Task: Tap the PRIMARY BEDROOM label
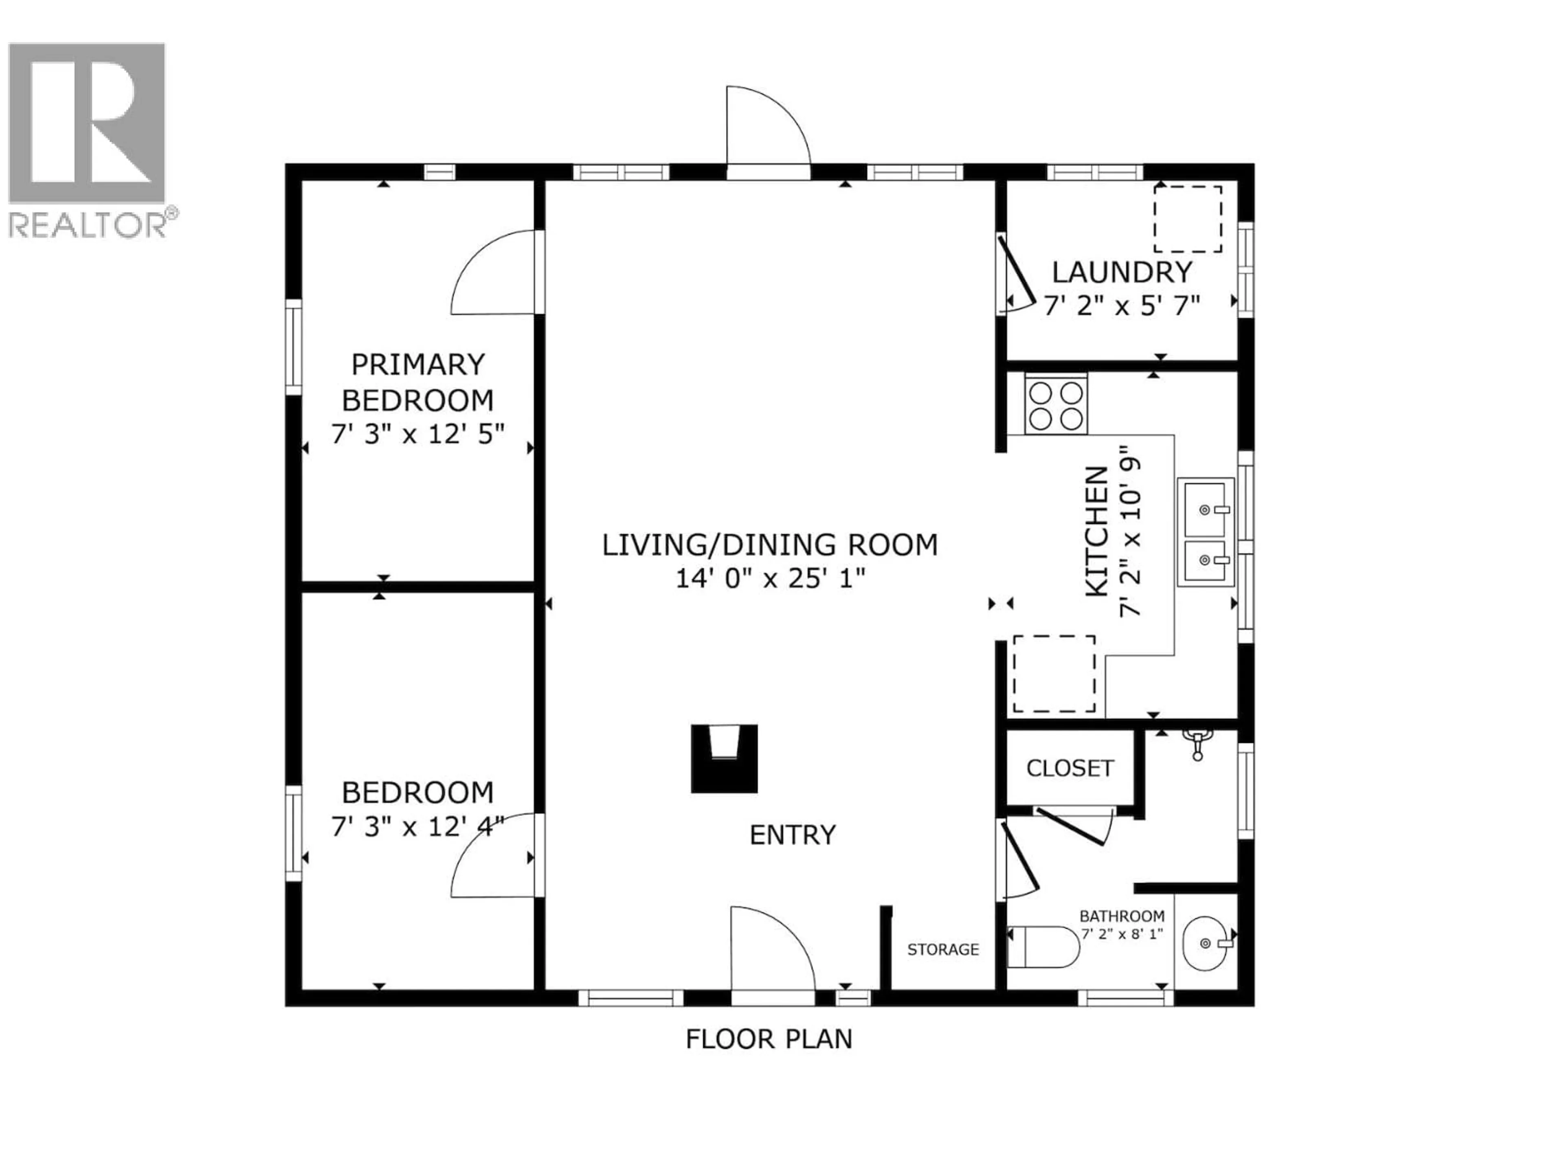point(418,382)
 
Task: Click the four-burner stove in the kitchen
point(1056,405)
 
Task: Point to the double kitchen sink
point(1206,532)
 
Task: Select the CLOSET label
point(1070,769)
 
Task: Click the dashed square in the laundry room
point(1188,219)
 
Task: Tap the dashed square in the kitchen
point(1054,674)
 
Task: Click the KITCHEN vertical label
point(1097,531)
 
